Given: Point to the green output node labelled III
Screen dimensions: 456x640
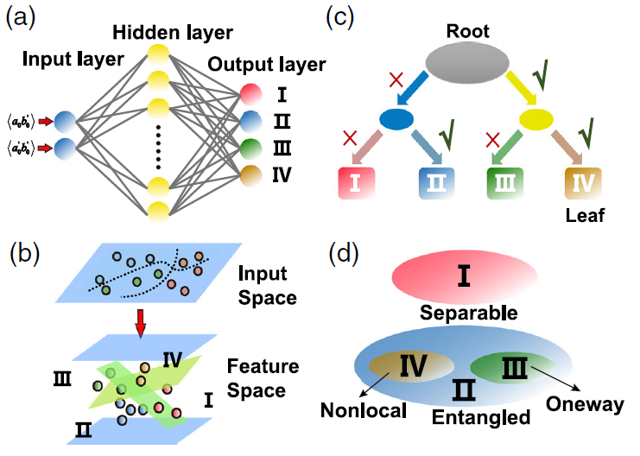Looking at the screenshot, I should [250, 148].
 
